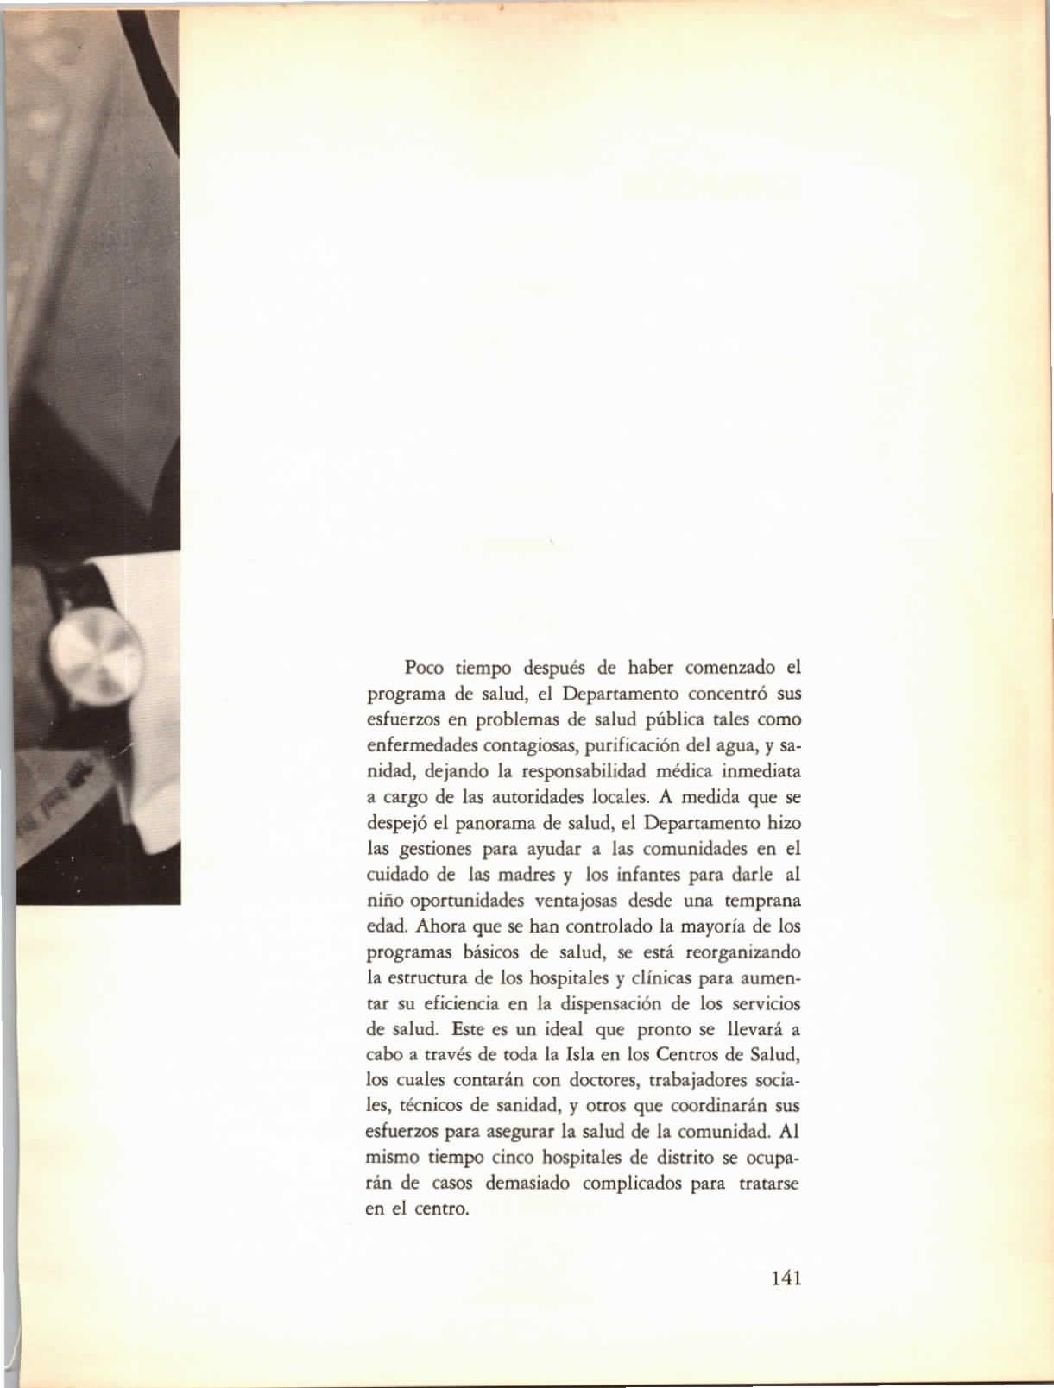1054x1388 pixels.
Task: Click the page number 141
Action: (786, 1277)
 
